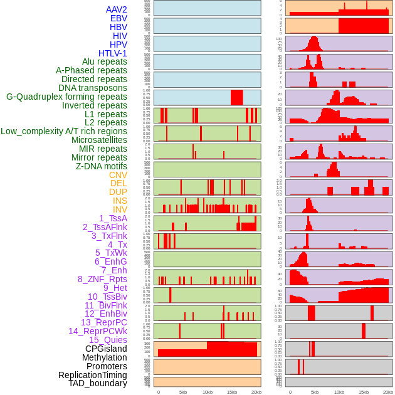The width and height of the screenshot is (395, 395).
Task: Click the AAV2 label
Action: pos(117,9)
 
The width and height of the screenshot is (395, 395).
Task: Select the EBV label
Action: pos(118,18)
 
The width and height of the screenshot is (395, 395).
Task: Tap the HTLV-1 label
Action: pos(113,53)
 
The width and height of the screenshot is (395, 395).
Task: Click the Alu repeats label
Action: pos(105,61)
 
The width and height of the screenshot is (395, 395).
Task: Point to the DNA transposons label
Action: pos(93,88)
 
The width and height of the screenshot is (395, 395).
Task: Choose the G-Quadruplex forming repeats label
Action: pos(66,97)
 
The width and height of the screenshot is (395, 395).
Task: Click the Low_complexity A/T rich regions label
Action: pos(64,131)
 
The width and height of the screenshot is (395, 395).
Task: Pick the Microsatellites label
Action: pos(99,140)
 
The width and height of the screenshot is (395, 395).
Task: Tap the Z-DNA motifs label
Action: pos(102,166)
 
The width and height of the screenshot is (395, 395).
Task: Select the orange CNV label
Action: pos(118,175)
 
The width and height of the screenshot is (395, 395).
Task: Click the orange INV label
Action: pos(120,209)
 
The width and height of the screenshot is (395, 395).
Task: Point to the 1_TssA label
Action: pos(113,218)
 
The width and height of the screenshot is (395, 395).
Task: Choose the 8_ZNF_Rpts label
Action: pos(102,279)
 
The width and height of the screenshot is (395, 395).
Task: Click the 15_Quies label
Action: pos(108,340)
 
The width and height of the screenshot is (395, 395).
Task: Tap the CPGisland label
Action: pos(106,349)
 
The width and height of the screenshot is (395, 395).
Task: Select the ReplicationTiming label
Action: pos(93,375)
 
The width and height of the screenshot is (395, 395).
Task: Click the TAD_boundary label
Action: pos(98,383)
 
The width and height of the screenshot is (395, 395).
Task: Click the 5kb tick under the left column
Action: pos(183,392)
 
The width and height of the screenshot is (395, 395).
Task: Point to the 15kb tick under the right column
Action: pos(364,392)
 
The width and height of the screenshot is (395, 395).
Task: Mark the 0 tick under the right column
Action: pos(290,392)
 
